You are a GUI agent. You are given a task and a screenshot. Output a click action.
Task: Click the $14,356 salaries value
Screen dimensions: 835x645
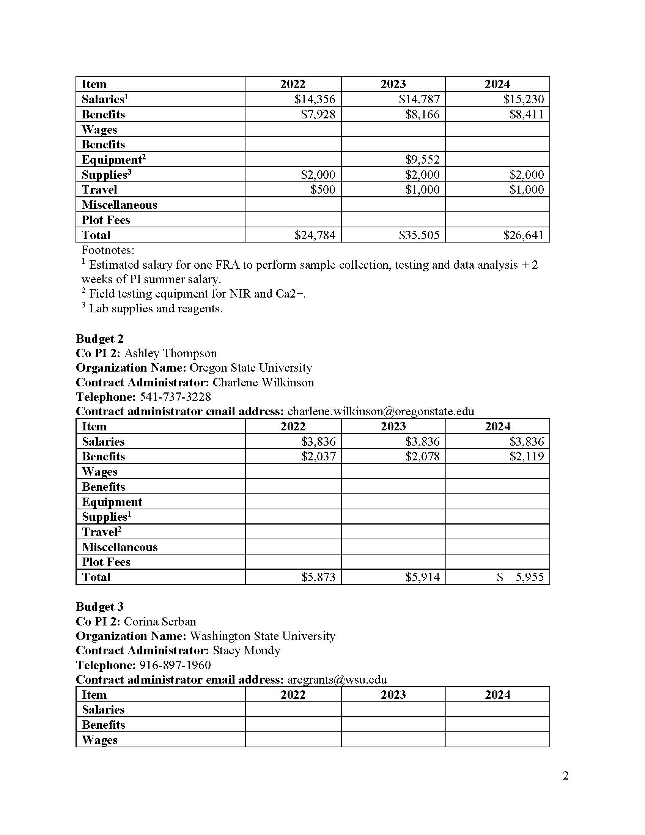click(315, 99)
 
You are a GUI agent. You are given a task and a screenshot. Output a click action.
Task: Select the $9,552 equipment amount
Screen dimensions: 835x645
click(422, 159)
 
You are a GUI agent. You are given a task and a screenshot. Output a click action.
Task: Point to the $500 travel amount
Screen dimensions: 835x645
click(322, 190)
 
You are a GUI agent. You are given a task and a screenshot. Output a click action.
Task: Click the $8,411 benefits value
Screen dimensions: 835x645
click(526, 114)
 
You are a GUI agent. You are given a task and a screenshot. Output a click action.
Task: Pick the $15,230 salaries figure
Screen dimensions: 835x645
click(523, 99)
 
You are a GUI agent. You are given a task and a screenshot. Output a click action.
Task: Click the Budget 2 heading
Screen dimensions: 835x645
click(100, 339)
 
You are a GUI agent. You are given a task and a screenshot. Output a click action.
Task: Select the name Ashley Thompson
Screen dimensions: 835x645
click(170, 353)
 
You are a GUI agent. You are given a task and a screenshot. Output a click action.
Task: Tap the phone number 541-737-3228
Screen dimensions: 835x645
click(175, 397)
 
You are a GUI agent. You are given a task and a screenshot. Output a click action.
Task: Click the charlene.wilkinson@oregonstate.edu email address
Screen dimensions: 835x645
click(381, 411)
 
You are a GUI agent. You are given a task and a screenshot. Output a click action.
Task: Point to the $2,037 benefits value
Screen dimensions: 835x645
click(318, 457)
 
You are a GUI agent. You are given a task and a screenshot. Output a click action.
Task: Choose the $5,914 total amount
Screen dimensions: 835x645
click(422, 577)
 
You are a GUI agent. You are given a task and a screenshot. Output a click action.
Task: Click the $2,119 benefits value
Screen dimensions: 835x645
click(526, 457)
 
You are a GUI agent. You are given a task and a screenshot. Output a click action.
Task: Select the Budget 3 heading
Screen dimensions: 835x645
click(100, 607)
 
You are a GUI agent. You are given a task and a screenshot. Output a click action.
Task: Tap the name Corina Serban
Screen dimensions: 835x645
click(160, 622)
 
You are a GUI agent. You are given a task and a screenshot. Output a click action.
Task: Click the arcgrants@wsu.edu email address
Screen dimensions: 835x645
click(337, 680)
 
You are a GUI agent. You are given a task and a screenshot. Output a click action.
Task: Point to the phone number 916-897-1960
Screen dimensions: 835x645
click(175, 665)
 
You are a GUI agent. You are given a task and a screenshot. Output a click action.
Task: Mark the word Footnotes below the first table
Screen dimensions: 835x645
click(108, 250)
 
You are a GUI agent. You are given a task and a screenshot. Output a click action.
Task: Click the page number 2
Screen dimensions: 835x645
click(566, 776)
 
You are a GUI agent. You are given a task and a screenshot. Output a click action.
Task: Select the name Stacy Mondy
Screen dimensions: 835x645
click(247, 651)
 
